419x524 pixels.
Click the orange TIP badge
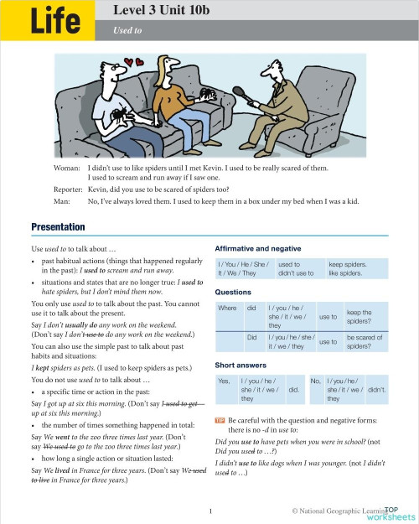(220, 418)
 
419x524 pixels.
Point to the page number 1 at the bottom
(209, 510)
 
